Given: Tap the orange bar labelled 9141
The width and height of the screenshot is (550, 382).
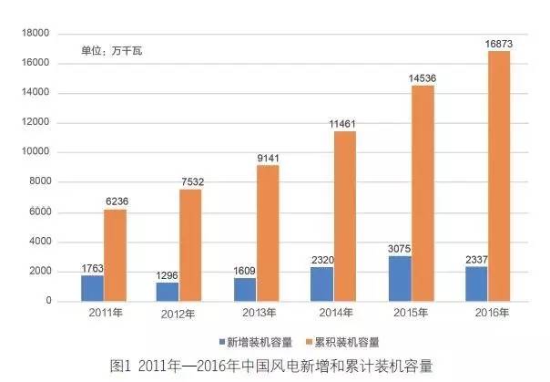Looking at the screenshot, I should pos(267,233).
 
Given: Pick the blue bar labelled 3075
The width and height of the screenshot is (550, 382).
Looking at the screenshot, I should pos(400,278).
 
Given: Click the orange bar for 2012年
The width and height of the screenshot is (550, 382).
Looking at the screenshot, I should pos(189,245).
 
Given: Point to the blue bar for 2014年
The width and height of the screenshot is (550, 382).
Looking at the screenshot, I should pos(321,284).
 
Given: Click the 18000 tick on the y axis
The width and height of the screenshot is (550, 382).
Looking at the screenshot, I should pos(36,34).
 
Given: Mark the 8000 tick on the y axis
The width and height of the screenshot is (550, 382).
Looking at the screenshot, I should pos(39,182).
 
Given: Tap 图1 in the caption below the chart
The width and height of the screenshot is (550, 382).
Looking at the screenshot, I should pos(121,367).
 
